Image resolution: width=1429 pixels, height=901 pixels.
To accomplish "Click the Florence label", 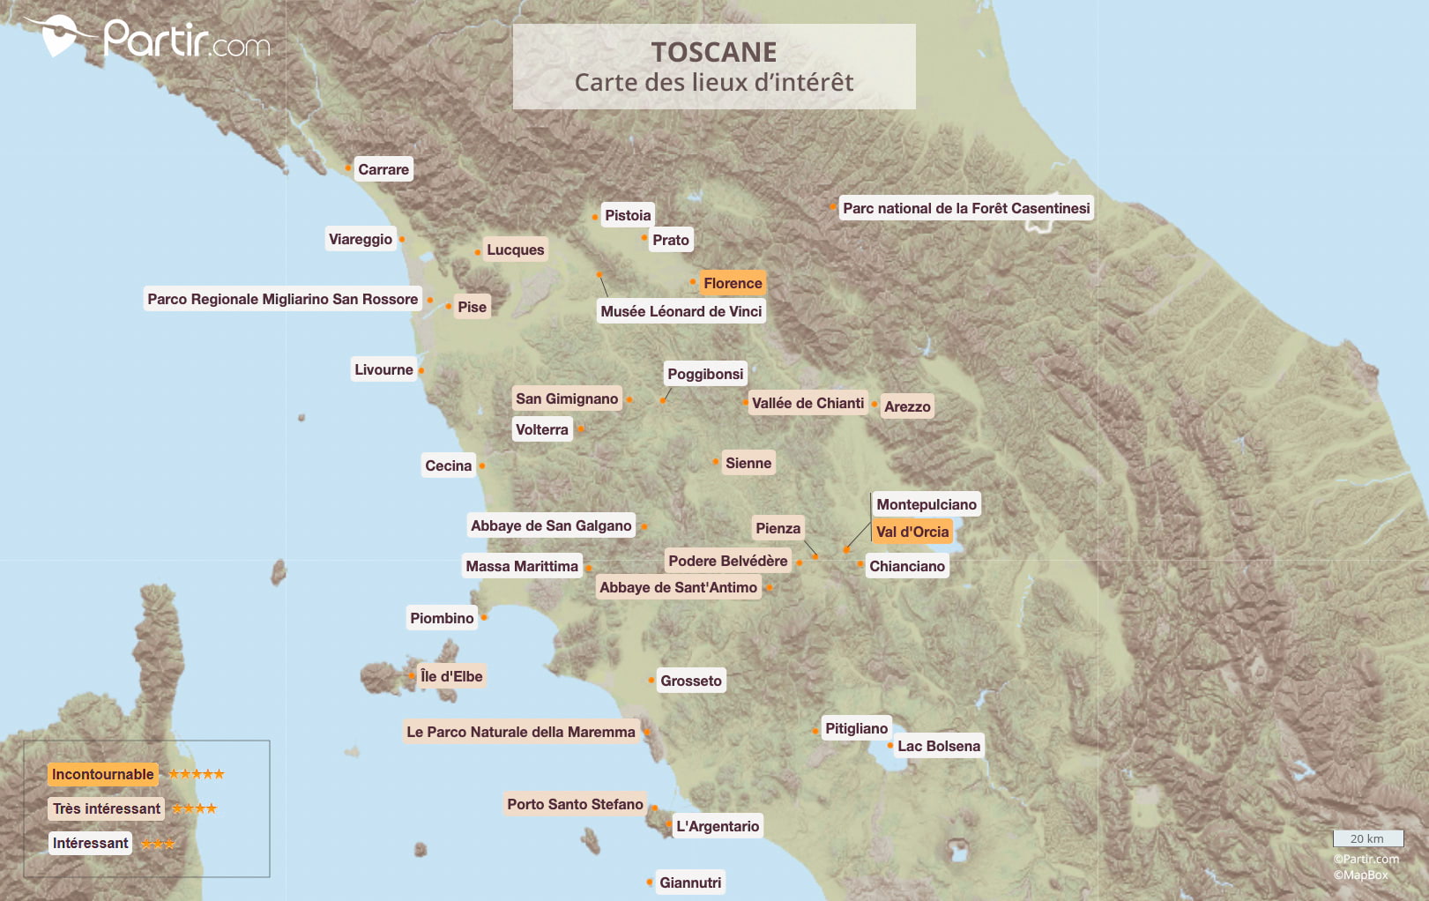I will coord(733,283).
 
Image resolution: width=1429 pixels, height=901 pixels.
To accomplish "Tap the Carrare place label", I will coord(383,169).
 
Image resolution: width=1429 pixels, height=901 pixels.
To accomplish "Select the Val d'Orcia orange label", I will coord(912,532).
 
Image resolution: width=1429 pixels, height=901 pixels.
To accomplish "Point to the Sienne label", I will coord(748,463).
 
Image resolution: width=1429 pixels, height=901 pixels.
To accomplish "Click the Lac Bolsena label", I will coord(939,746).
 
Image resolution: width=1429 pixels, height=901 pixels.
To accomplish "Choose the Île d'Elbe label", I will coord(451,676).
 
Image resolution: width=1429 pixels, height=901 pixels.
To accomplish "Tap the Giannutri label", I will coord(690,882).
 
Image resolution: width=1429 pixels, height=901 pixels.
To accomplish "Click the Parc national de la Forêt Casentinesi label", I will coord(966,208).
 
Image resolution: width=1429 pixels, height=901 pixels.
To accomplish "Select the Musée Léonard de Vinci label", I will coord(681,311).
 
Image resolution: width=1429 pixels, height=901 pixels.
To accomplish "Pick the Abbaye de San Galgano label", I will coord(551,525).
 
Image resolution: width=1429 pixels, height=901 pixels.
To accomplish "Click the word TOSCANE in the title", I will coord(714,52).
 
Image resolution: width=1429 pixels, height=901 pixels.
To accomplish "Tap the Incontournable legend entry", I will coord(103,774).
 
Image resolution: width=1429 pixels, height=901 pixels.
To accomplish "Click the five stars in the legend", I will coord(196,774).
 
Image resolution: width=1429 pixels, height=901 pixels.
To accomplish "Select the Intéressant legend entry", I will coord(91,843).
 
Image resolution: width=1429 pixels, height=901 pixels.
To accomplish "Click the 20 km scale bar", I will coord(1367,838).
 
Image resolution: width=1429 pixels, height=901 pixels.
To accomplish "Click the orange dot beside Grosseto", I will coord(651,680).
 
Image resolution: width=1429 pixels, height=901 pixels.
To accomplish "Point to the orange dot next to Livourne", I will coord(421,370).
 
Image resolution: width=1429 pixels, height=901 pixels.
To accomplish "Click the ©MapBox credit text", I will coord(1360,875).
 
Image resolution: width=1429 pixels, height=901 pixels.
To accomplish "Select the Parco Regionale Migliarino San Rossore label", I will coord(282,299).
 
